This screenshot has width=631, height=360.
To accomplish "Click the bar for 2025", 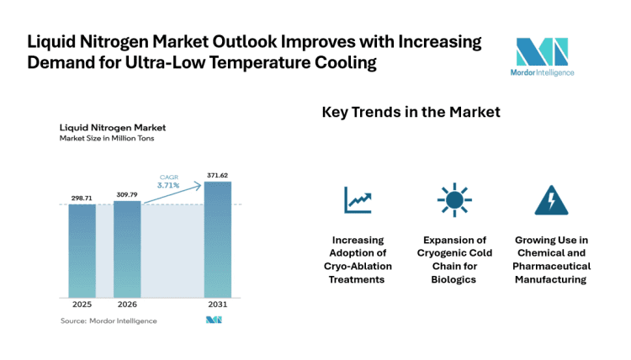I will click(x=82, y=250).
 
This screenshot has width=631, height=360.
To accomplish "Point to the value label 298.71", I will click(x=82, y=197).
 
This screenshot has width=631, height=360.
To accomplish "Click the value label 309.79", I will click(x=127, y=193).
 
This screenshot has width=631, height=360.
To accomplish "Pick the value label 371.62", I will click(x=217, y=175).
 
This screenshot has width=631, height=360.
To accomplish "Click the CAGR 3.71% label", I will click(x=168, y=181).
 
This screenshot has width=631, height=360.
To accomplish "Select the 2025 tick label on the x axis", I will click(x=82, y=305).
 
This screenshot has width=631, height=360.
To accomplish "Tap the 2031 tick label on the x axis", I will click(x=217, y=305).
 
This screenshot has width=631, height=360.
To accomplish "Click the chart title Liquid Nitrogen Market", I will click(x=112, y=128).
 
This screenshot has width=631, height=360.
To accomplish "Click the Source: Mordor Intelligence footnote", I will click(x=109, y=320).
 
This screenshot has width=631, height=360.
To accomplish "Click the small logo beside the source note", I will click(x=214, y=320).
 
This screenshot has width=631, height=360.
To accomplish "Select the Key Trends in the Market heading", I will click(x=411, y=112).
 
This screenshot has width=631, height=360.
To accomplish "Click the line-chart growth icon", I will click(x=358, y=199).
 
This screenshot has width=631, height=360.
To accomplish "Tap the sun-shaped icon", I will click(x=453, y=199).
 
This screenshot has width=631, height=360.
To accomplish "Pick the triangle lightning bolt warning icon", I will click(x=551, y=199).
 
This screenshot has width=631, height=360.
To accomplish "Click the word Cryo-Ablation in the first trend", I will click(x=358, y=266).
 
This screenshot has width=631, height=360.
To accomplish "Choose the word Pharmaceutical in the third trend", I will click(x=551, y=266).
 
